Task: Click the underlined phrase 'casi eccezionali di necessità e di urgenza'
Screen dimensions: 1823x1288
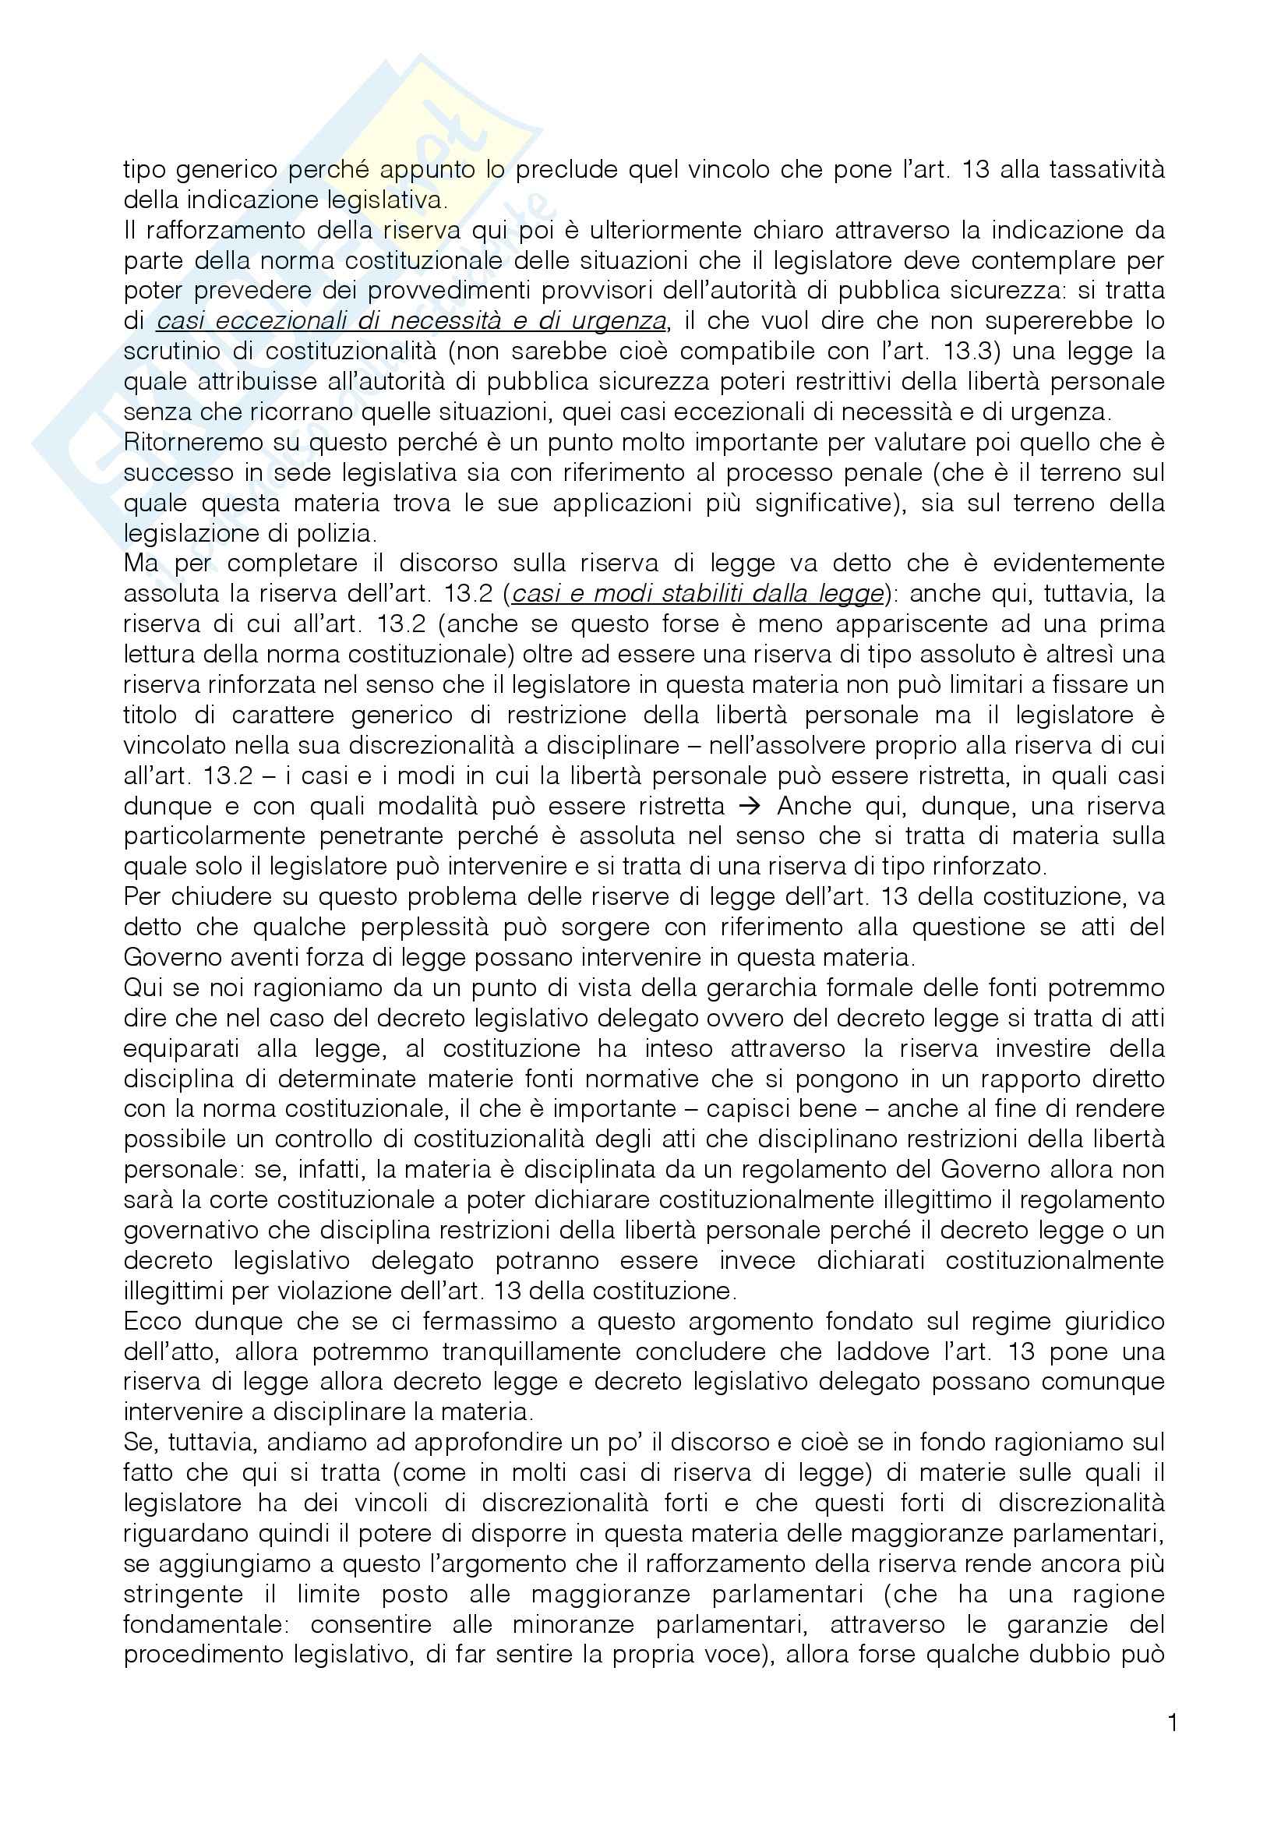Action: coord(411,322)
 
